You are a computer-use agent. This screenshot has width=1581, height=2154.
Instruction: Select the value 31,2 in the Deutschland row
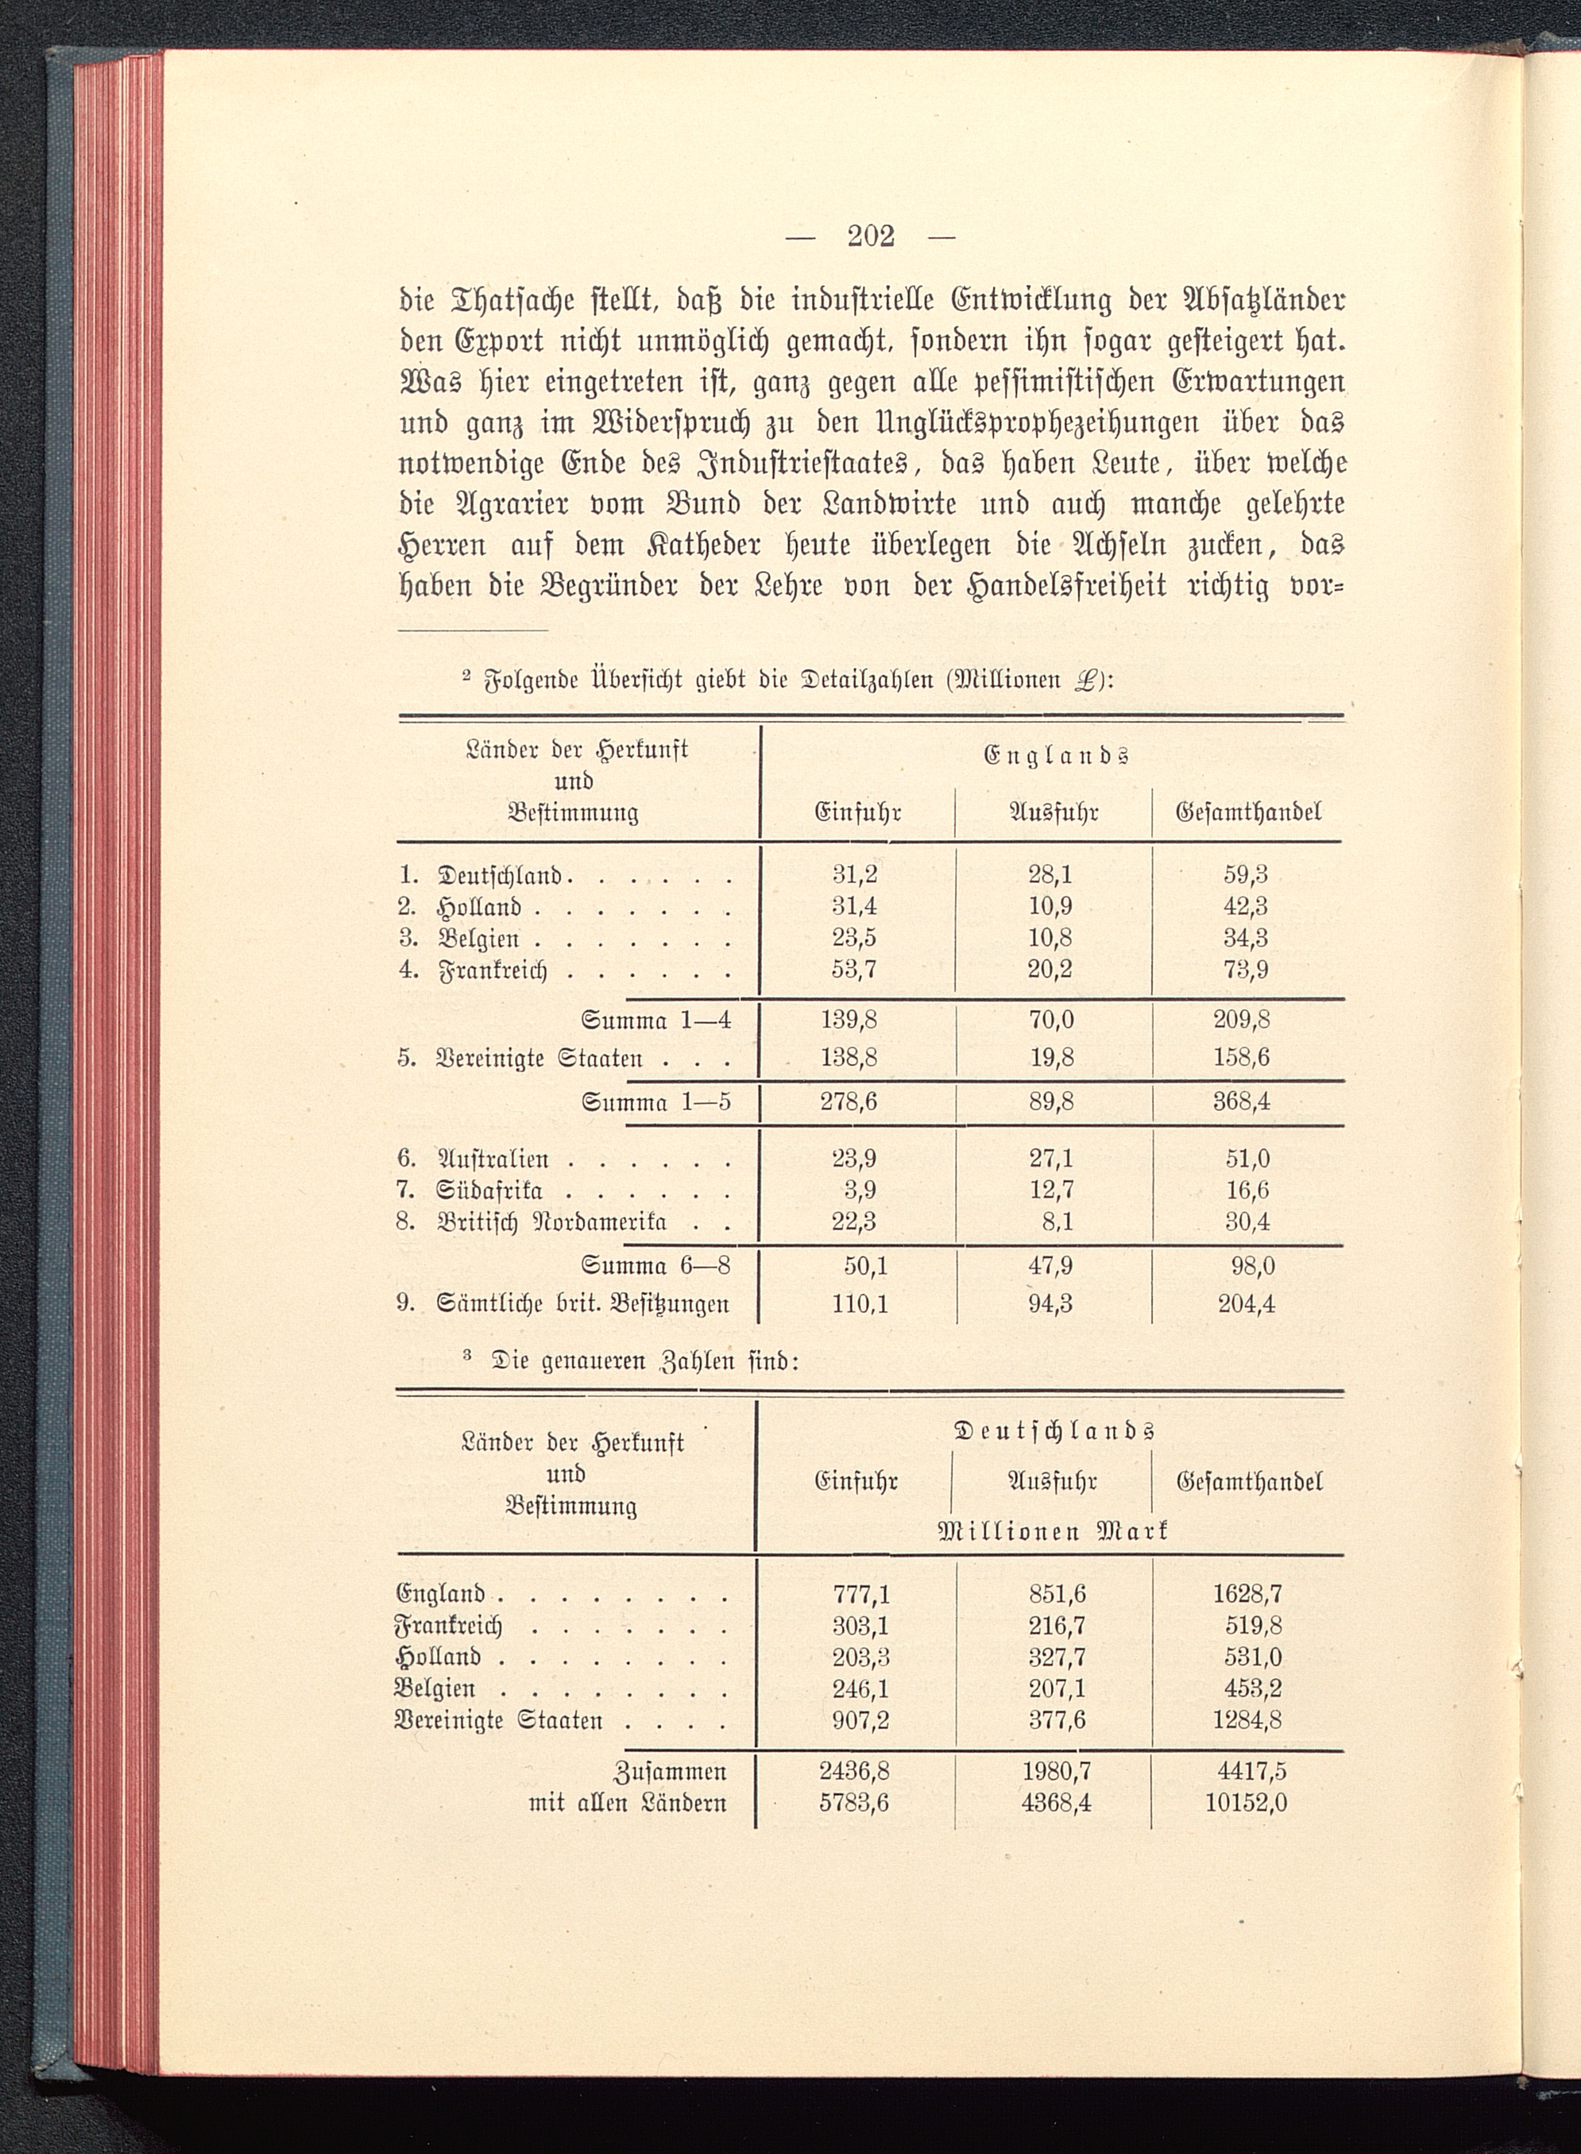(855, 874)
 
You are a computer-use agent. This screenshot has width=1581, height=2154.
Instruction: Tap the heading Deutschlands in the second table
(1054, 1431)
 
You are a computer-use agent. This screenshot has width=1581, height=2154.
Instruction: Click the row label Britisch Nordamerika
(551, 1222)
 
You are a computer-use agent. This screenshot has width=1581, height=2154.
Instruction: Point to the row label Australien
(493, 1159)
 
